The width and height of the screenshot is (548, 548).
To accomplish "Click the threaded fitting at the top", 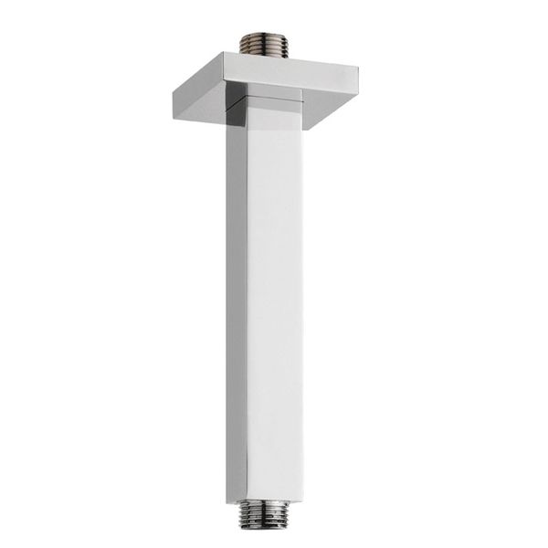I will click(264, 45).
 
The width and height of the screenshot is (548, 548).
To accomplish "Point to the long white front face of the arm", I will click(275, 301).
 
